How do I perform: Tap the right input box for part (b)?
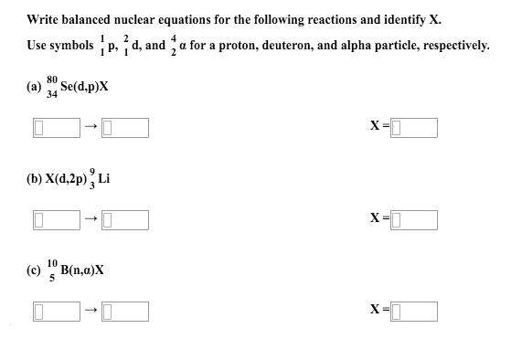point(125,220)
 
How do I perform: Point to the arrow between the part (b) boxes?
point(90,220)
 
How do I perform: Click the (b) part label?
point(35,181)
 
